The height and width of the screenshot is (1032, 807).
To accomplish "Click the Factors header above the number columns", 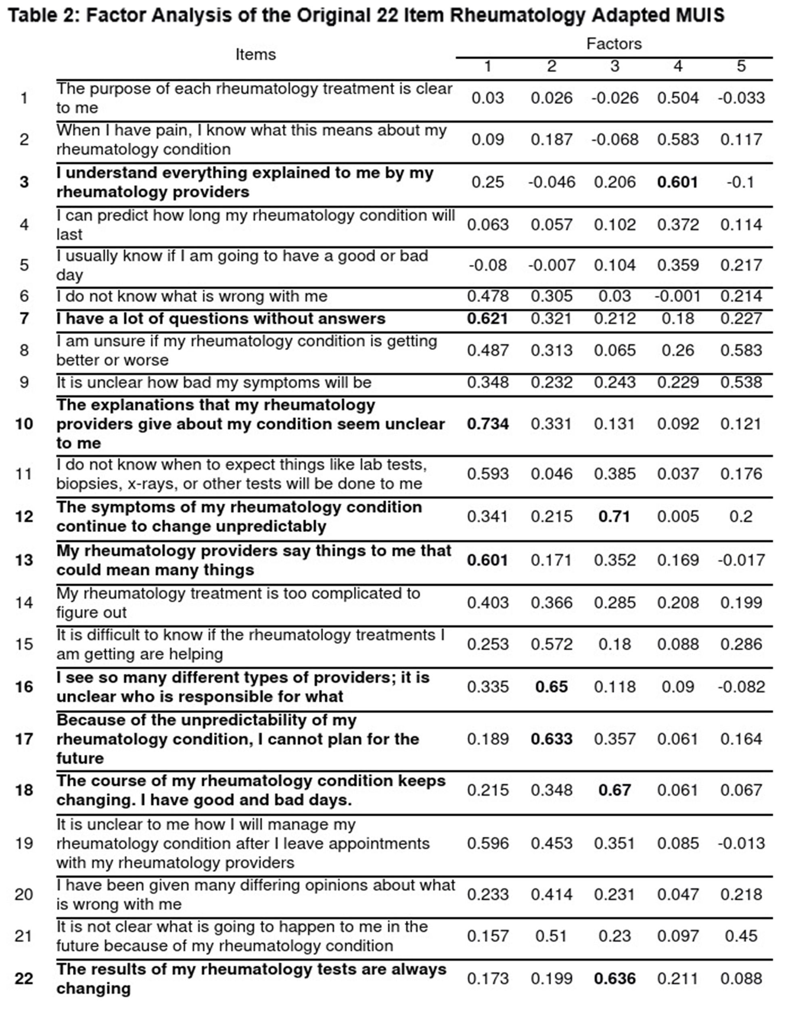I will point(614,44).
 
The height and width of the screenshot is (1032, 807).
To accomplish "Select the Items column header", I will point(255,54).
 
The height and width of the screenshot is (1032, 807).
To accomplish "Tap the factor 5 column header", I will point(741,66).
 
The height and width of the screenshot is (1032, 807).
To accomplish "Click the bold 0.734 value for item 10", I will point(487,424).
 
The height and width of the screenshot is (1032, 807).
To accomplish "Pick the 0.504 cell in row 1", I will point(677,98).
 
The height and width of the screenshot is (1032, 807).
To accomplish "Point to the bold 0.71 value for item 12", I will point(614,516).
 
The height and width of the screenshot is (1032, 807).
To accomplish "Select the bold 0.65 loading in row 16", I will point(552,687).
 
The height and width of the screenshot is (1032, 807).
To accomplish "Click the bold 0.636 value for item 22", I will point(614,979).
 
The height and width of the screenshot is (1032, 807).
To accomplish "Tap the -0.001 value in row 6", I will point(677,296).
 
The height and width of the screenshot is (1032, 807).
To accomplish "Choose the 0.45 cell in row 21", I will point(741,936).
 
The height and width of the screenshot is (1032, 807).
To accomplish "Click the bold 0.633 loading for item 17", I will point(552,739).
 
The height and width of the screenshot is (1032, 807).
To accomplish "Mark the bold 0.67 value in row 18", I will point(614,790).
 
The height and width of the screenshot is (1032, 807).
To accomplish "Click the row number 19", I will point(24,844).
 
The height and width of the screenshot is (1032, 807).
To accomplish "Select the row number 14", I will point(24,603).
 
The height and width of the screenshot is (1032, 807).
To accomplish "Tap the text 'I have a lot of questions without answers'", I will point(221,319).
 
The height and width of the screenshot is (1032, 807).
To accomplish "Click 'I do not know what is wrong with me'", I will point(192,296).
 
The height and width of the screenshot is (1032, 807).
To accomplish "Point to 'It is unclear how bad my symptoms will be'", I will point(213,382).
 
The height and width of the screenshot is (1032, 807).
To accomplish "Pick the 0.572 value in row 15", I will point(552,645).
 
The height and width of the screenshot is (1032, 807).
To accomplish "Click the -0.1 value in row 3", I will point(740,182).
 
